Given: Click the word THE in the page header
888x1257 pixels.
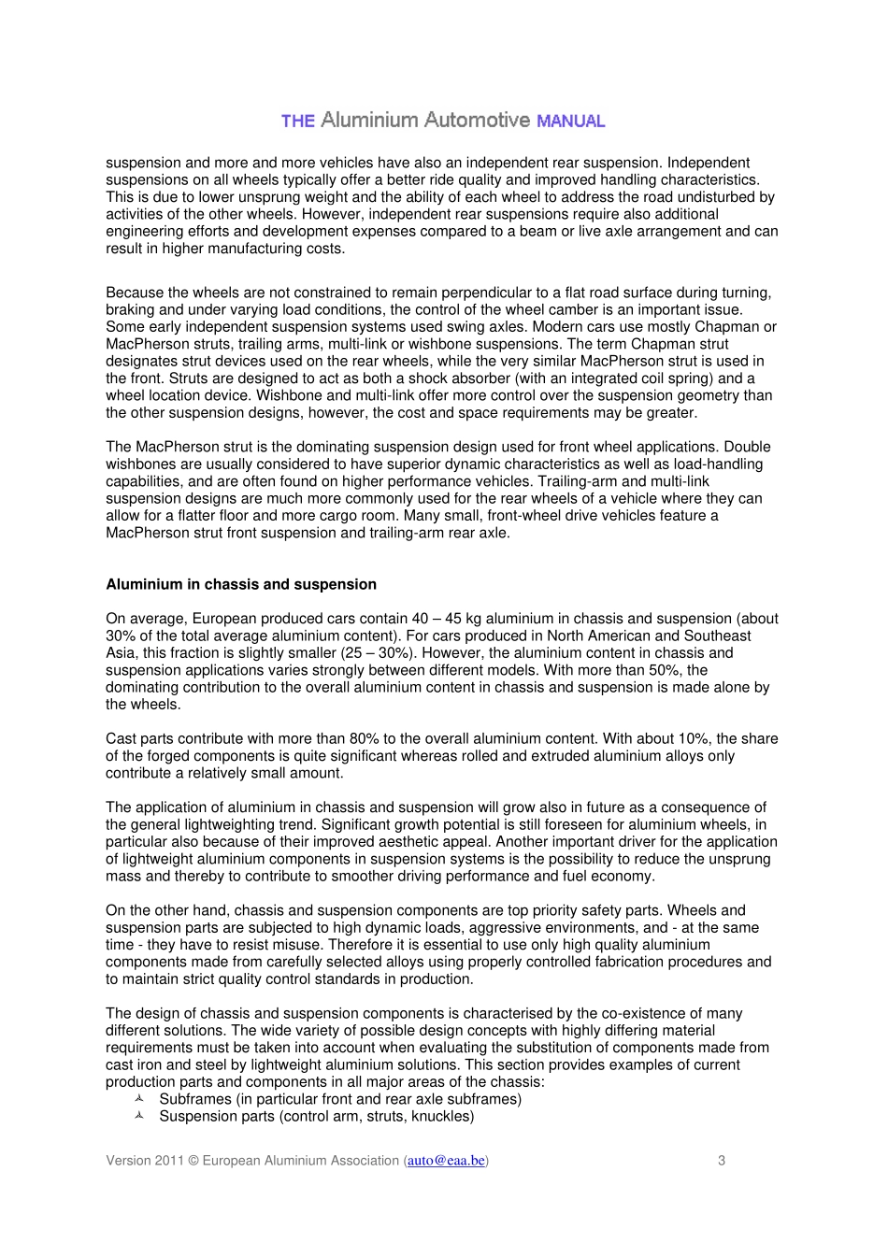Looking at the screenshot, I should [297, 121].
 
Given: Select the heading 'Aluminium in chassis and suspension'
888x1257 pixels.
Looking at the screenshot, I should [241, 585].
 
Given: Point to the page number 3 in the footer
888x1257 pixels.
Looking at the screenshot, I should [722, 1161].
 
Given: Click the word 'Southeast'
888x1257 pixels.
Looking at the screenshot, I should [721, 636].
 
